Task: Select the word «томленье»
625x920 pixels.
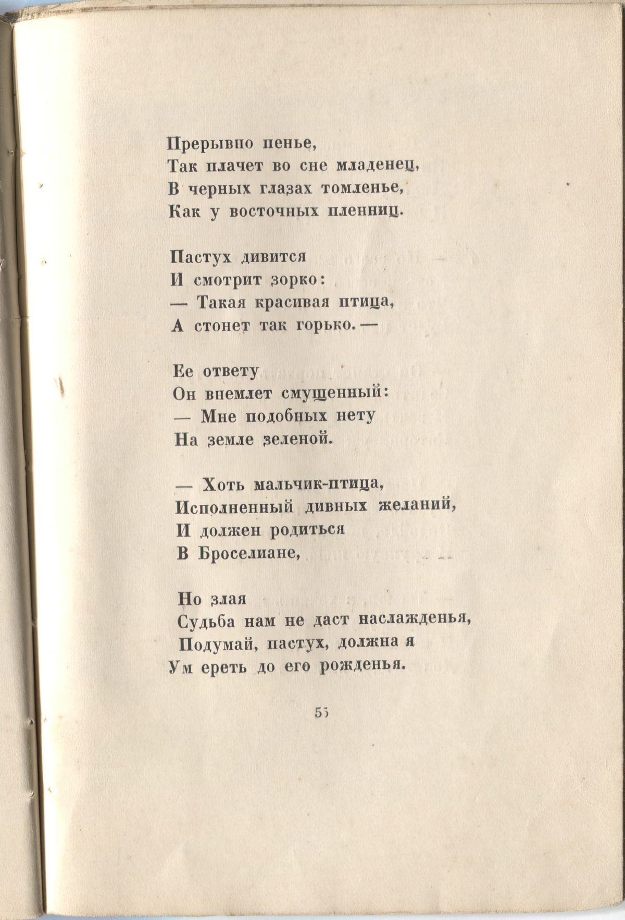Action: point(362,189)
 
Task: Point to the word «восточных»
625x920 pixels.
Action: point(274,212)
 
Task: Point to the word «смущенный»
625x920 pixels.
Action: point(332,393)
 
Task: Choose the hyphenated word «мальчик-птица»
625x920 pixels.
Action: point(318,484)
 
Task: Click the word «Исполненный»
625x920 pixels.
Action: point(235,507)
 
